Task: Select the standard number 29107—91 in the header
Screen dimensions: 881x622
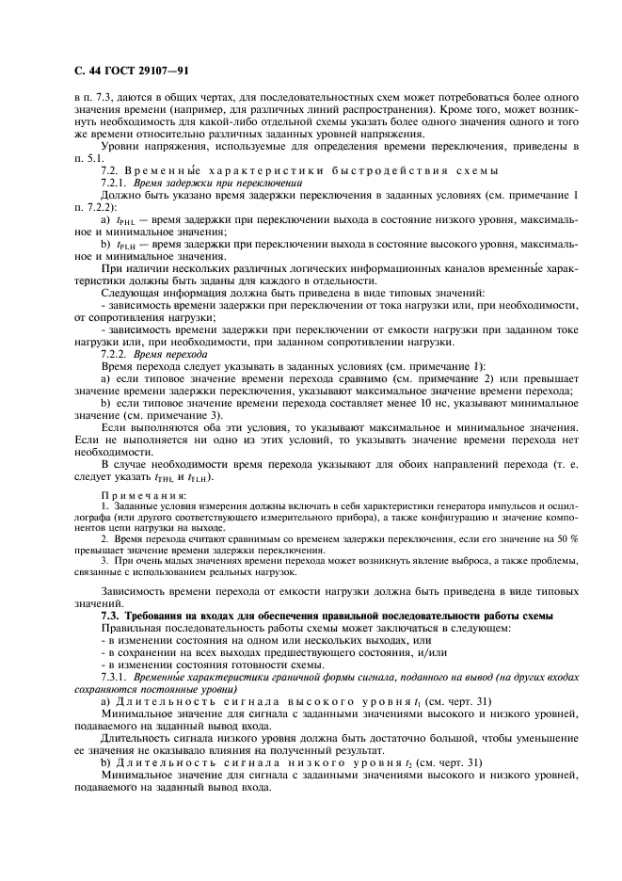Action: click(166, 69)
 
